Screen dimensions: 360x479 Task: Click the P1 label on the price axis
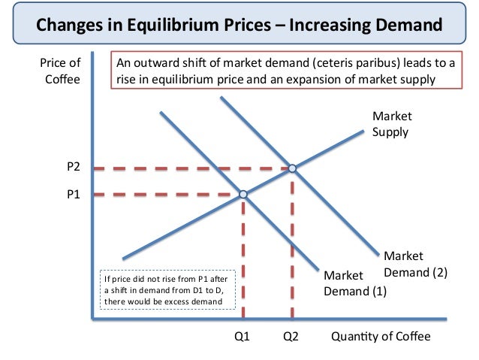[73, 195]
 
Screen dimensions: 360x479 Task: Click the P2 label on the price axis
[73, 168]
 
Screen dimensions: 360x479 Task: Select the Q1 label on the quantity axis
[242, 336]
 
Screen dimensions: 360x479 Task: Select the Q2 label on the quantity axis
[291, 336]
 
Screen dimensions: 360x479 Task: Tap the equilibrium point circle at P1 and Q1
[243, 195]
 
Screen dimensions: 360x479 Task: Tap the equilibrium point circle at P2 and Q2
[292, 168]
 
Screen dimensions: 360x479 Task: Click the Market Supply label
[391, 124]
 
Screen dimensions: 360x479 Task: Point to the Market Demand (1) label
[354, 283]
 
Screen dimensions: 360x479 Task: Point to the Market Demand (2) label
[414, 265]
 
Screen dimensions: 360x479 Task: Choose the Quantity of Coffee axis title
[381, 336]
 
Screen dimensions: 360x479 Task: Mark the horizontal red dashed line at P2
[188, 168]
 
